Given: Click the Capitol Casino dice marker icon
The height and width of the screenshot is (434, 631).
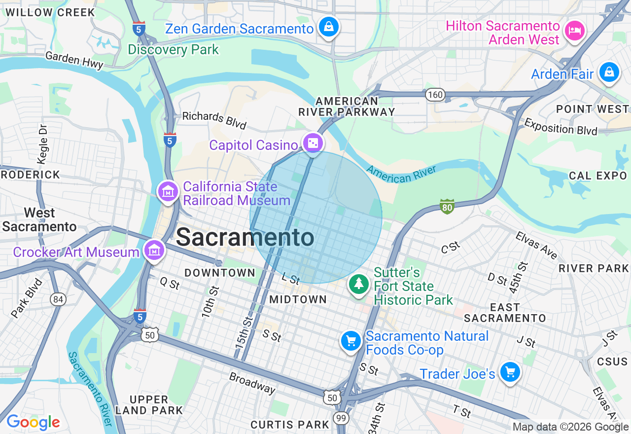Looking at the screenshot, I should click(x=313, y=144).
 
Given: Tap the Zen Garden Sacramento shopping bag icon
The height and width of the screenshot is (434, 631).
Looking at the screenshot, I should click(x=328, y=27).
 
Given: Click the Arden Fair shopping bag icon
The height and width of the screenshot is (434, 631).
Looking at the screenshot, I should click(x=609, y=72).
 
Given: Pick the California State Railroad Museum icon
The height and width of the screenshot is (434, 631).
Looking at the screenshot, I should click(x=168, y=192).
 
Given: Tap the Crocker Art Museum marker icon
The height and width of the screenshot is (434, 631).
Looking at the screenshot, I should click(x=154, y=250).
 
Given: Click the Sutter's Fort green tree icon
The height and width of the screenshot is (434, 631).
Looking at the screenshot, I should click(x=359, y=284).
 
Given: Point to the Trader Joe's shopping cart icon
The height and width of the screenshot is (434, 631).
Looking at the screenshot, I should click(x=510, y=372).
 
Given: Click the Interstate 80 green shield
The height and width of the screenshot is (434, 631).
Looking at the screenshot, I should click(x=447, y=207).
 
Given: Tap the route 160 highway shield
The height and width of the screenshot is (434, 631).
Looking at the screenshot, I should click(x=436, y=95).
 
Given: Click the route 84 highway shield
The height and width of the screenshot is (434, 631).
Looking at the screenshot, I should click(x=58, y=299).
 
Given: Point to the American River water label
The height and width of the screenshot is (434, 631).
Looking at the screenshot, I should click(x=402, y=174).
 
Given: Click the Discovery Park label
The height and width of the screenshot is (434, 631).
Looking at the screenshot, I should click(x=173, y=50).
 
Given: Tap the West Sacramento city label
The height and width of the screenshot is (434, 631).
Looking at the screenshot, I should click(x=39, y=220).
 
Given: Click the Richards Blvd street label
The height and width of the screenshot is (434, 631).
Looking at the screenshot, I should click(x=214, y=119).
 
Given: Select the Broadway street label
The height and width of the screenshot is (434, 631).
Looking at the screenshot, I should click(x=252, y=383).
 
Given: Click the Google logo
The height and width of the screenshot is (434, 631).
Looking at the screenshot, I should click(x=33, y=422).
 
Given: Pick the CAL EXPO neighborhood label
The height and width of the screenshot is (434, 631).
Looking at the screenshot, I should click(x=597, y=176).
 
